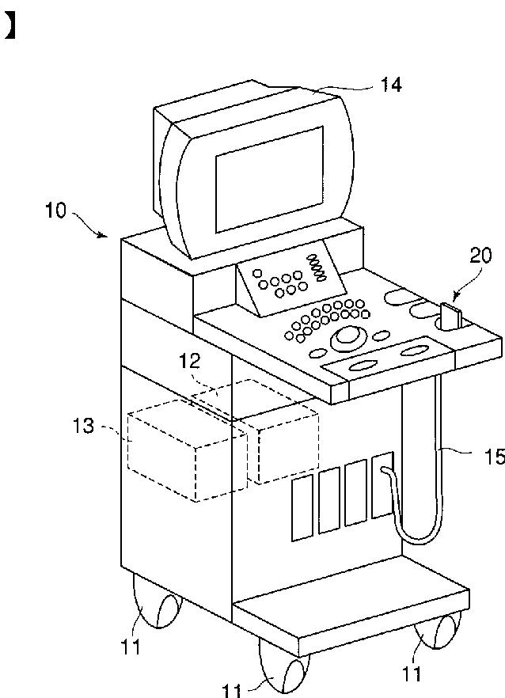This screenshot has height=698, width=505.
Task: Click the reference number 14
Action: click(390, 84)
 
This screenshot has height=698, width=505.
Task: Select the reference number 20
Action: click(480, 256)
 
